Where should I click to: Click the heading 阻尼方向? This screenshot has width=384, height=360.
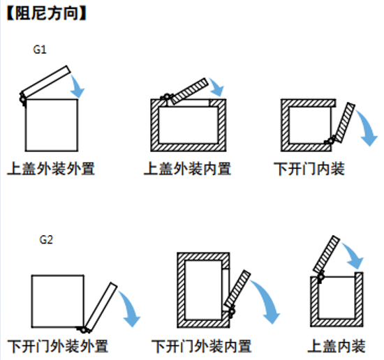point(47,13)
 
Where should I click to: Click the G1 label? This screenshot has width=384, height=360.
point(40,50)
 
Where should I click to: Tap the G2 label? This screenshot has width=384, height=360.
point(46,239)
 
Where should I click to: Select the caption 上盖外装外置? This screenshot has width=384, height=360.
point(51,169)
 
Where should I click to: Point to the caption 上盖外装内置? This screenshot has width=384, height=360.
point(187,169)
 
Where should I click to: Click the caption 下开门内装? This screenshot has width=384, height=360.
point(309,169)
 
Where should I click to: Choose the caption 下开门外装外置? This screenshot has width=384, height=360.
point(58,346)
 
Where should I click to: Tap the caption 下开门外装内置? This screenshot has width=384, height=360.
point(202,346)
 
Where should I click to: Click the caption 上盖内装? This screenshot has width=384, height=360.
point(337,346)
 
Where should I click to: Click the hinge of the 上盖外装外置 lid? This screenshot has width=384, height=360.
point(23,99)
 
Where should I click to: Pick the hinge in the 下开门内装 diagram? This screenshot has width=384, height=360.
point(331,141)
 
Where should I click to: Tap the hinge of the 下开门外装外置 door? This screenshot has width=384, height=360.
point(84,330)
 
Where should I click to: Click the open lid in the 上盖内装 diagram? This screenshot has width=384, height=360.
point(327,255)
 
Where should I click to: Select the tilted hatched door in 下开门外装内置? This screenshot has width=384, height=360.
point(237,290)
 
